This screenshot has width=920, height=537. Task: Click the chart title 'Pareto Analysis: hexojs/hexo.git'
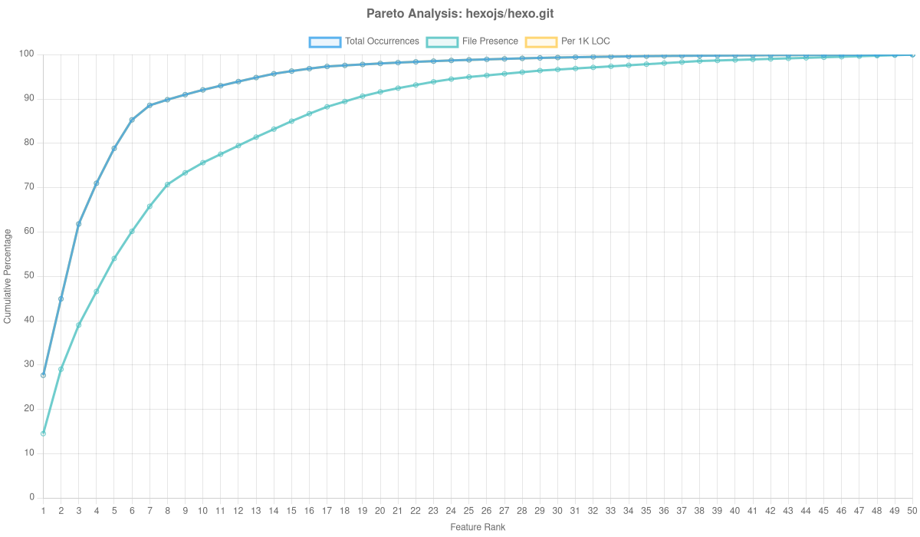click(460, 14)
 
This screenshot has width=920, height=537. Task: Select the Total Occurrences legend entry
click(364, 41)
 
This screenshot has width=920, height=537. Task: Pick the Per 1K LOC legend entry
click(567, 41)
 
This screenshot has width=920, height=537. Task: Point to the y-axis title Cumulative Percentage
click(8, 275)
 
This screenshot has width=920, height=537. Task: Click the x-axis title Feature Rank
click(478, 528)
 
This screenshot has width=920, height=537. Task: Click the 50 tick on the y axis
click(29, 275)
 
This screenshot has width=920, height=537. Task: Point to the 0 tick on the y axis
click(31, 497)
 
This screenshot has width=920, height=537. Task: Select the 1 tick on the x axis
click(43, 510)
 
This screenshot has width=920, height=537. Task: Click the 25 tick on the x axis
click(468, 510)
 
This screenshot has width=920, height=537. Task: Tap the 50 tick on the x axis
click(912, 510)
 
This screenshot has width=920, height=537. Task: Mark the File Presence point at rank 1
click(43, 433)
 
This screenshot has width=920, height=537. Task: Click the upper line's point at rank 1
click(43, 375)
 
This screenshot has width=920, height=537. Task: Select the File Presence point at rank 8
click(167, 185)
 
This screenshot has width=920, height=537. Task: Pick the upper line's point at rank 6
click(132, 120)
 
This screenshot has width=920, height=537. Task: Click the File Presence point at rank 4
click(97, 292)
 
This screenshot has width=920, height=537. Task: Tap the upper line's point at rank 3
click(78, 223)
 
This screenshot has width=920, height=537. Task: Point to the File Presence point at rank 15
click(291, 121)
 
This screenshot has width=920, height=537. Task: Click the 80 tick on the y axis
click(29, 143)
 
